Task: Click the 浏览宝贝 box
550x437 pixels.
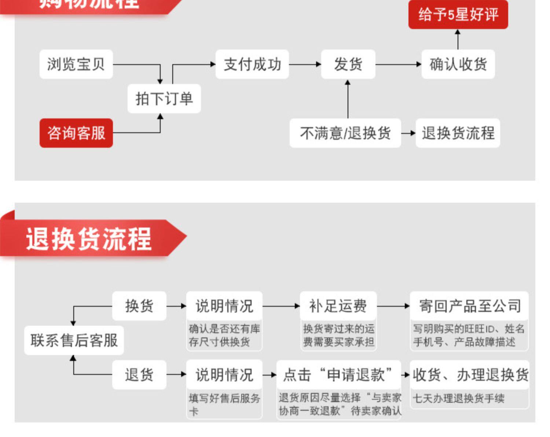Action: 76,64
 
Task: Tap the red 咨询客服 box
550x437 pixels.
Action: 76,133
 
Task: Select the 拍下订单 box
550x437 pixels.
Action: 164,99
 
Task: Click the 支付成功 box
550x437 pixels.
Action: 252,64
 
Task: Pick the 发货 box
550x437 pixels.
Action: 348,64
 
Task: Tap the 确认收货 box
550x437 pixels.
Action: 458,64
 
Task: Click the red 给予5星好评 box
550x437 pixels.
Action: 458,15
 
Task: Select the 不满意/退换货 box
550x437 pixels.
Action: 345,133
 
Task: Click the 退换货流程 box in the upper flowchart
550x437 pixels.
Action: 458,133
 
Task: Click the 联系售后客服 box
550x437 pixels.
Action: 74,340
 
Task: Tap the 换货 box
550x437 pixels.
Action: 139,306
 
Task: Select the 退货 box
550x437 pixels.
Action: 139,375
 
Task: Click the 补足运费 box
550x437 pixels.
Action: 338,306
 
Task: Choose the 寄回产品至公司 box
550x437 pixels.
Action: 469,306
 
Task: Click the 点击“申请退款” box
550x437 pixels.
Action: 338,375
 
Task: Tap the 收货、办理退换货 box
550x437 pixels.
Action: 470,375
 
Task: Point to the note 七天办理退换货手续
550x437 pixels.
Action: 459,398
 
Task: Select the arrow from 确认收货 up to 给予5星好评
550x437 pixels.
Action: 458,39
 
